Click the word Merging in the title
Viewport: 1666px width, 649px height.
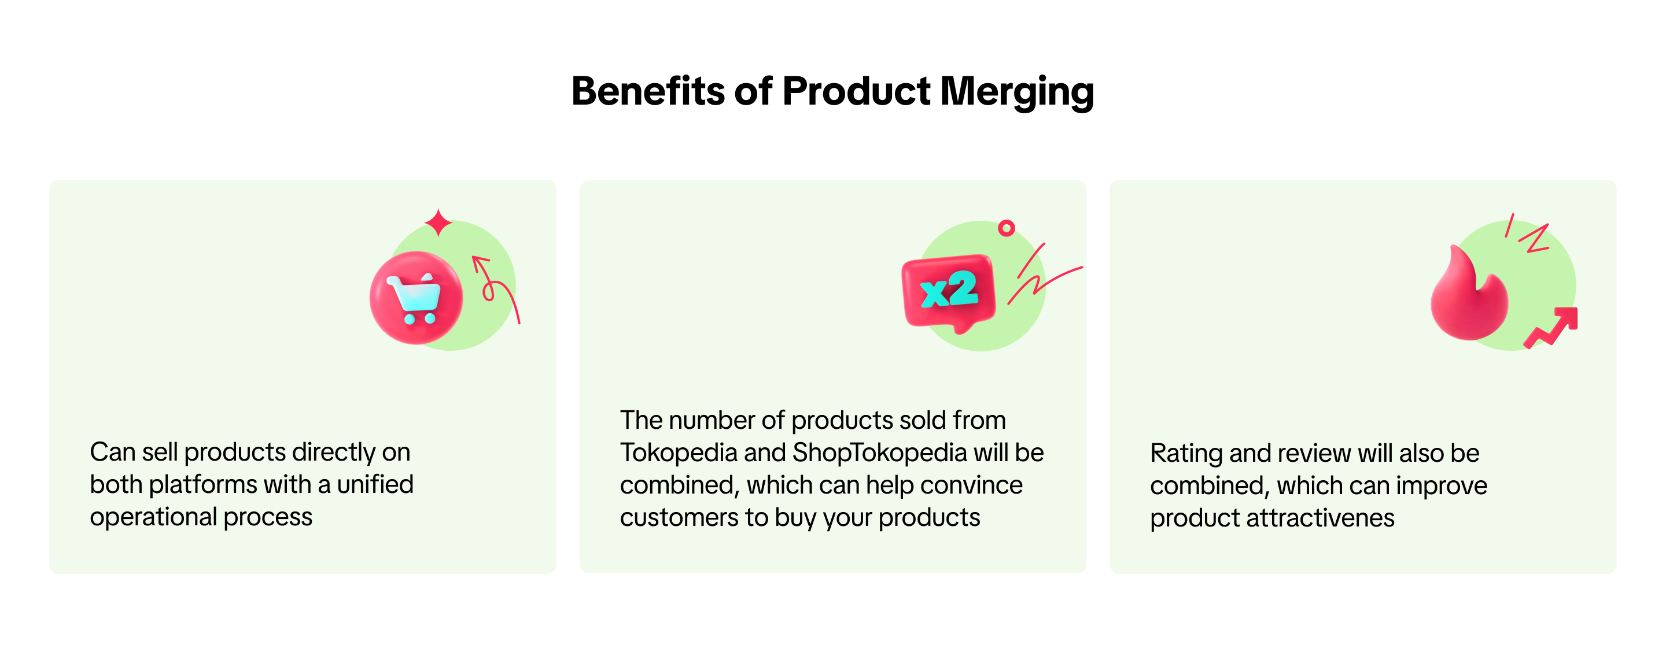(1017, 92)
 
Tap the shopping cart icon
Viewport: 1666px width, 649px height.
(416, 298)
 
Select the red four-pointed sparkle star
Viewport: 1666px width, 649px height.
(438, 222)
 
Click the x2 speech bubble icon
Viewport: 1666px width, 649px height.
(948, 293)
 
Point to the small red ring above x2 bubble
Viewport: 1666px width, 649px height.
(1007, 228)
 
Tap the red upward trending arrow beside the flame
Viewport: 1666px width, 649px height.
(1551, 327)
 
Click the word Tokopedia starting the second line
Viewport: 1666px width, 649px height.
(679, 453)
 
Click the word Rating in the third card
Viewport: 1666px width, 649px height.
(1186, 454)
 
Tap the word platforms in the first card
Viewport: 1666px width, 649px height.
(203, 485)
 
